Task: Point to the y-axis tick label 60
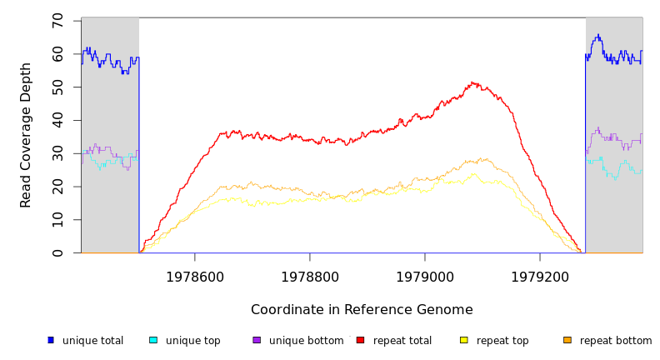[57, 53]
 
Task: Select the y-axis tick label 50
[57, 87]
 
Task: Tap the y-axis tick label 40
[57, 120]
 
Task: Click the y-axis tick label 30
[57, 153]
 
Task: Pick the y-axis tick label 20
[57, 187]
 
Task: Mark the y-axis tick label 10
[57, 220]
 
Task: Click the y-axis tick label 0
[57, 253]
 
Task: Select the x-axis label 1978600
[195, 277]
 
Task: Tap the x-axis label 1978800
[310, 277]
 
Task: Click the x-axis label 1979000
[425, 277]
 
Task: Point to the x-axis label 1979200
[540, 277]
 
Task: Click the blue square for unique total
[51, 340]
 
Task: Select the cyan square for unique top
[153, 340]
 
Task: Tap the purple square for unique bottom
[257, 340]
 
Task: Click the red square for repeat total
[361, 340]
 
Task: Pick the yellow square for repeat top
[464, 340]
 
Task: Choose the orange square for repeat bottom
[567, 340]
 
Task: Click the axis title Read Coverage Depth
[26, 135]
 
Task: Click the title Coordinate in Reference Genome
[362, 310]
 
